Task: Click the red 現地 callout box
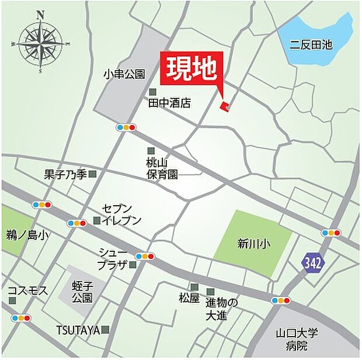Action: (x=190, y=70)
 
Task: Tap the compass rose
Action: (x=40, y=42)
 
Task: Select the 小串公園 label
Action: (x=124, y=74)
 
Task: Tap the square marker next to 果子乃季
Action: (x=92, y=174)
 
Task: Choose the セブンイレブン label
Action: (x=121, y=214)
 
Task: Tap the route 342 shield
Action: (x=312, y=264)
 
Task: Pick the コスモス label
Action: (x=27, y=290)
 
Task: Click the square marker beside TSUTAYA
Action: (x=105, y=330)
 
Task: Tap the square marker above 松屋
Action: (x=194, y=287)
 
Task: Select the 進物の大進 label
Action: (x=222, y=309)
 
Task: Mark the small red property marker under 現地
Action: (x=224, y=105)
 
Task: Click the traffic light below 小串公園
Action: (x=126, y=127)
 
